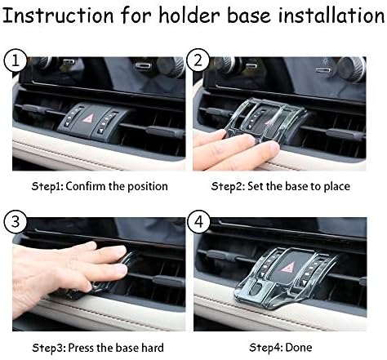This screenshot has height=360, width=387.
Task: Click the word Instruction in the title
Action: click(x=60, y=15)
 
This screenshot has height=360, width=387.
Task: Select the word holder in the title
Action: click(x=176, y=15)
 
